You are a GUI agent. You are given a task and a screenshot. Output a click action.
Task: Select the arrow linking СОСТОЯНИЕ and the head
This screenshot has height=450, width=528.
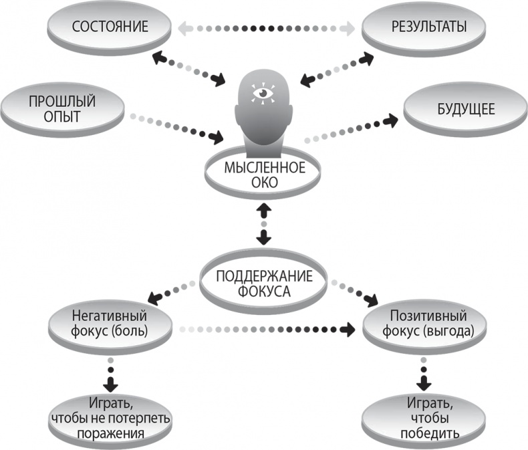click(x=190, y=69)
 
